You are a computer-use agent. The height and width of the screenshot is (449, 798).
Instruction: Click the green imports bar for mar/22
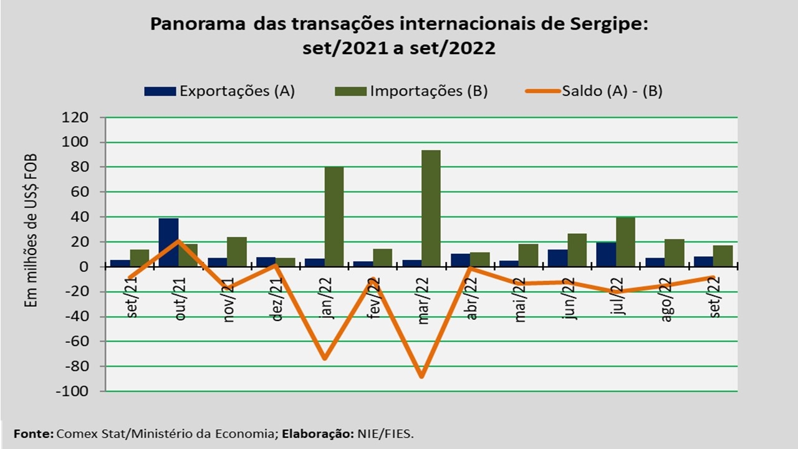[431, 208]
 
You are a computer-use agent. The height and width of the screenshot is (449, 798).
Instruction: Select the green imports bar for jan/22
[334, 216]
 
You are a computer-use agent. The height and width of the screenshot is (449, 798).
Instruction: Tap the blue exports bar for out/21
[168, 243]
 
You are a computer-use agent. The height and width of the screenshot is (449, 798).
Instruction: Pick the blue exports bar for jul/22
[606, 254]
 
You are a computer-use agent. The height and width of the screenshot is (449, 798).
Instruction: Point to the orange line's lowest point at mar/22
[422, 377]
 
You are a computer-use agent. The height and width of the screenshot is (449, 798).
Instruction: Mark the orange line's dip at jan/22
[325, 359]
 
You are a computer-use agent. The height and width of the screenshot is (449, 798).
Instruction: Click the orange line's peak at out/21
[178, 241]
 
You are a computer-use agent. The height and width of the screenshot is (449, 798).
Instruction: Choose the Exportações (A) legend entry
[219, 91]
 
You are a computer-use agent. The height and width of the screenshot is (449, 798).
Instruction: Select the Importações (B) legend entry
[411, 91]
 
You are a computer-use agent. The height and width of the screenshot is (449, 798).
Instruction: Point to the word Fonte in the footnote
[32, 433]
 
